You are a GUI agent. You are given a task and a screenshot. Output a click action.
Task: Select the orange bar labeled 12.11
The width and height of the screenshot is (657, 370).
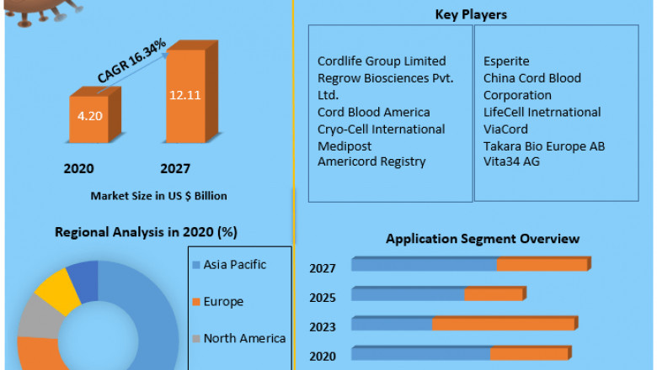(x=184, y=96)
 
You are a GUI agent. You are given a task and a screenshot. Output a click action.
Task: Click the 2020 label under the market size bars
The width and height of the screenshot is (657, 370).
(x=78, y=168)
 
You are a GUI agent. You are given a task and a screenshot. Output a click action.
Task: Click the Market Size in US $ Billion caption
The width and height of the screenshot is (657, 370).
(x=159, y=196)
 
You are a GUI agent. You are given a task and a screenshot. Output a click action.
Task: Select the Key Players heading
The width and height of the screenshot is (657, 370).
(x=471, y=15)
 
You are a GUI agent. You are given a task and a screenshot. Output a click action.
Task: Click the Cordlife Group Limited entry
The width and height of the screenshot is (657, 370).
(x=382, y=61)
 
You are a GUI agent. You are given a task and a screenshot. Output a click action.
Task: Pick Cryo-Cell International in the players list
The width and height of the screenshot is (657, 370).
(x=381, y=129)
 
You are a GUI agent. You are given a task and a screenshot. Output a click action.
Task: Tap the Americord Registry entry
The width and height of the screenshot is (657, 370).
(x=371, y=161)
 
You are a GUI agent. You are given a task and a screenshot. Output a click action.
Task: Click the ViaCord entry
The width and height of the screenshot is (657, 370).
(x=505, y=129)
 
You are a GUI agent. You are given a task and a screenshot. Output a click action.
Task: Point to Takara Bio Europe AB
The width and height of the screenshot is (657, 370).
(x=543, y=145)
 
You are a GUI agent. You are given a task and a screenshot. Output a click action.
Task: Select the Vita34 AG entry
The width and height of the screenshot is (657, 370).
(x=511, y=161)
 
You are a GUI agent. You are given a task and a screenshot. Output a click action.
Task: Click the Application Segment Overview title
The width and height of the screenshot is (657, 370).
(x=483, y=239)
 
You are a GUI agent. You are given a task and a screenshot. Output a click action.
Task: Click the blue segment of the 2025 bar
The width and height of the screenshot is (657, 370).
(x=408, y=295)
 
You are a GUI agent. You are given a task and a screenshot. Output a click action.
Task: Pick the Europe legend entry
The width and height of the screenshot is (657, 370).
(x=222, y=301)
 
